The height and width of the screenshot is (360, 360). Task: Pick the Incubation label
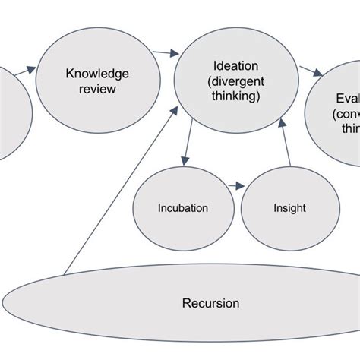click(182, 207)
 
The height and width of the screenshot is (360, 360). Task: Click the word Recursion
click(210, 304)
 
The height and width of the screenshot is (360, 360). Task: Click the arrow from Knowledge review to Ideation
click(161, 52)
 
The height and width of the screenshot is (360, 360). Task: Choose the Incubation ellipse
click(182, 220)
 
